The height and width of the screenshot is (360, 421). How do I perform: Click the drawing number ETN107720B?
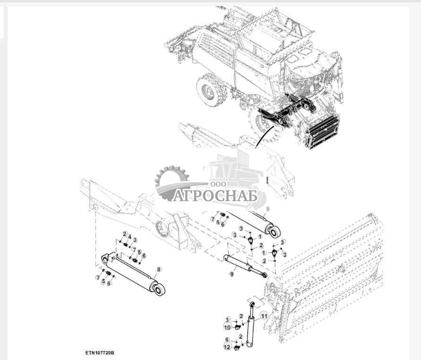(x=100, y=353)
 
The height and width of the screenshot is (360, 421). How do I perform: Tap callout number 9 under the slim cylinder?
(x=232, y=273)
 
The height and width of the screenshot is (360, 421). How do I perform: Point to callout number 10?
(x=227, y=327)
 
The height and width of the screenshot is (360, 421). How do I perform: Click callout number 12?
(x=227, y=348)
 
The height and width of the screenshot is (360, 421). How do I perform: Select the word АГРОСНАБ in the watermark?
(x=215, y=195)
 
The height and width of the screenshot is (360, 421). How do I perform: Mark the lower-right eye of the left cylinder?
(x=159, y=288)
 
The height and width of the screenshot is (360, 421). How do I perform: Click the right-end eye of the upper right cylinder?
(x=275, y=231)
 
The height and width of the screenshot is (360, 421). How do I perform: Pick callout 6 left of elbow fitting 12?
(x=227, y=340)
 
